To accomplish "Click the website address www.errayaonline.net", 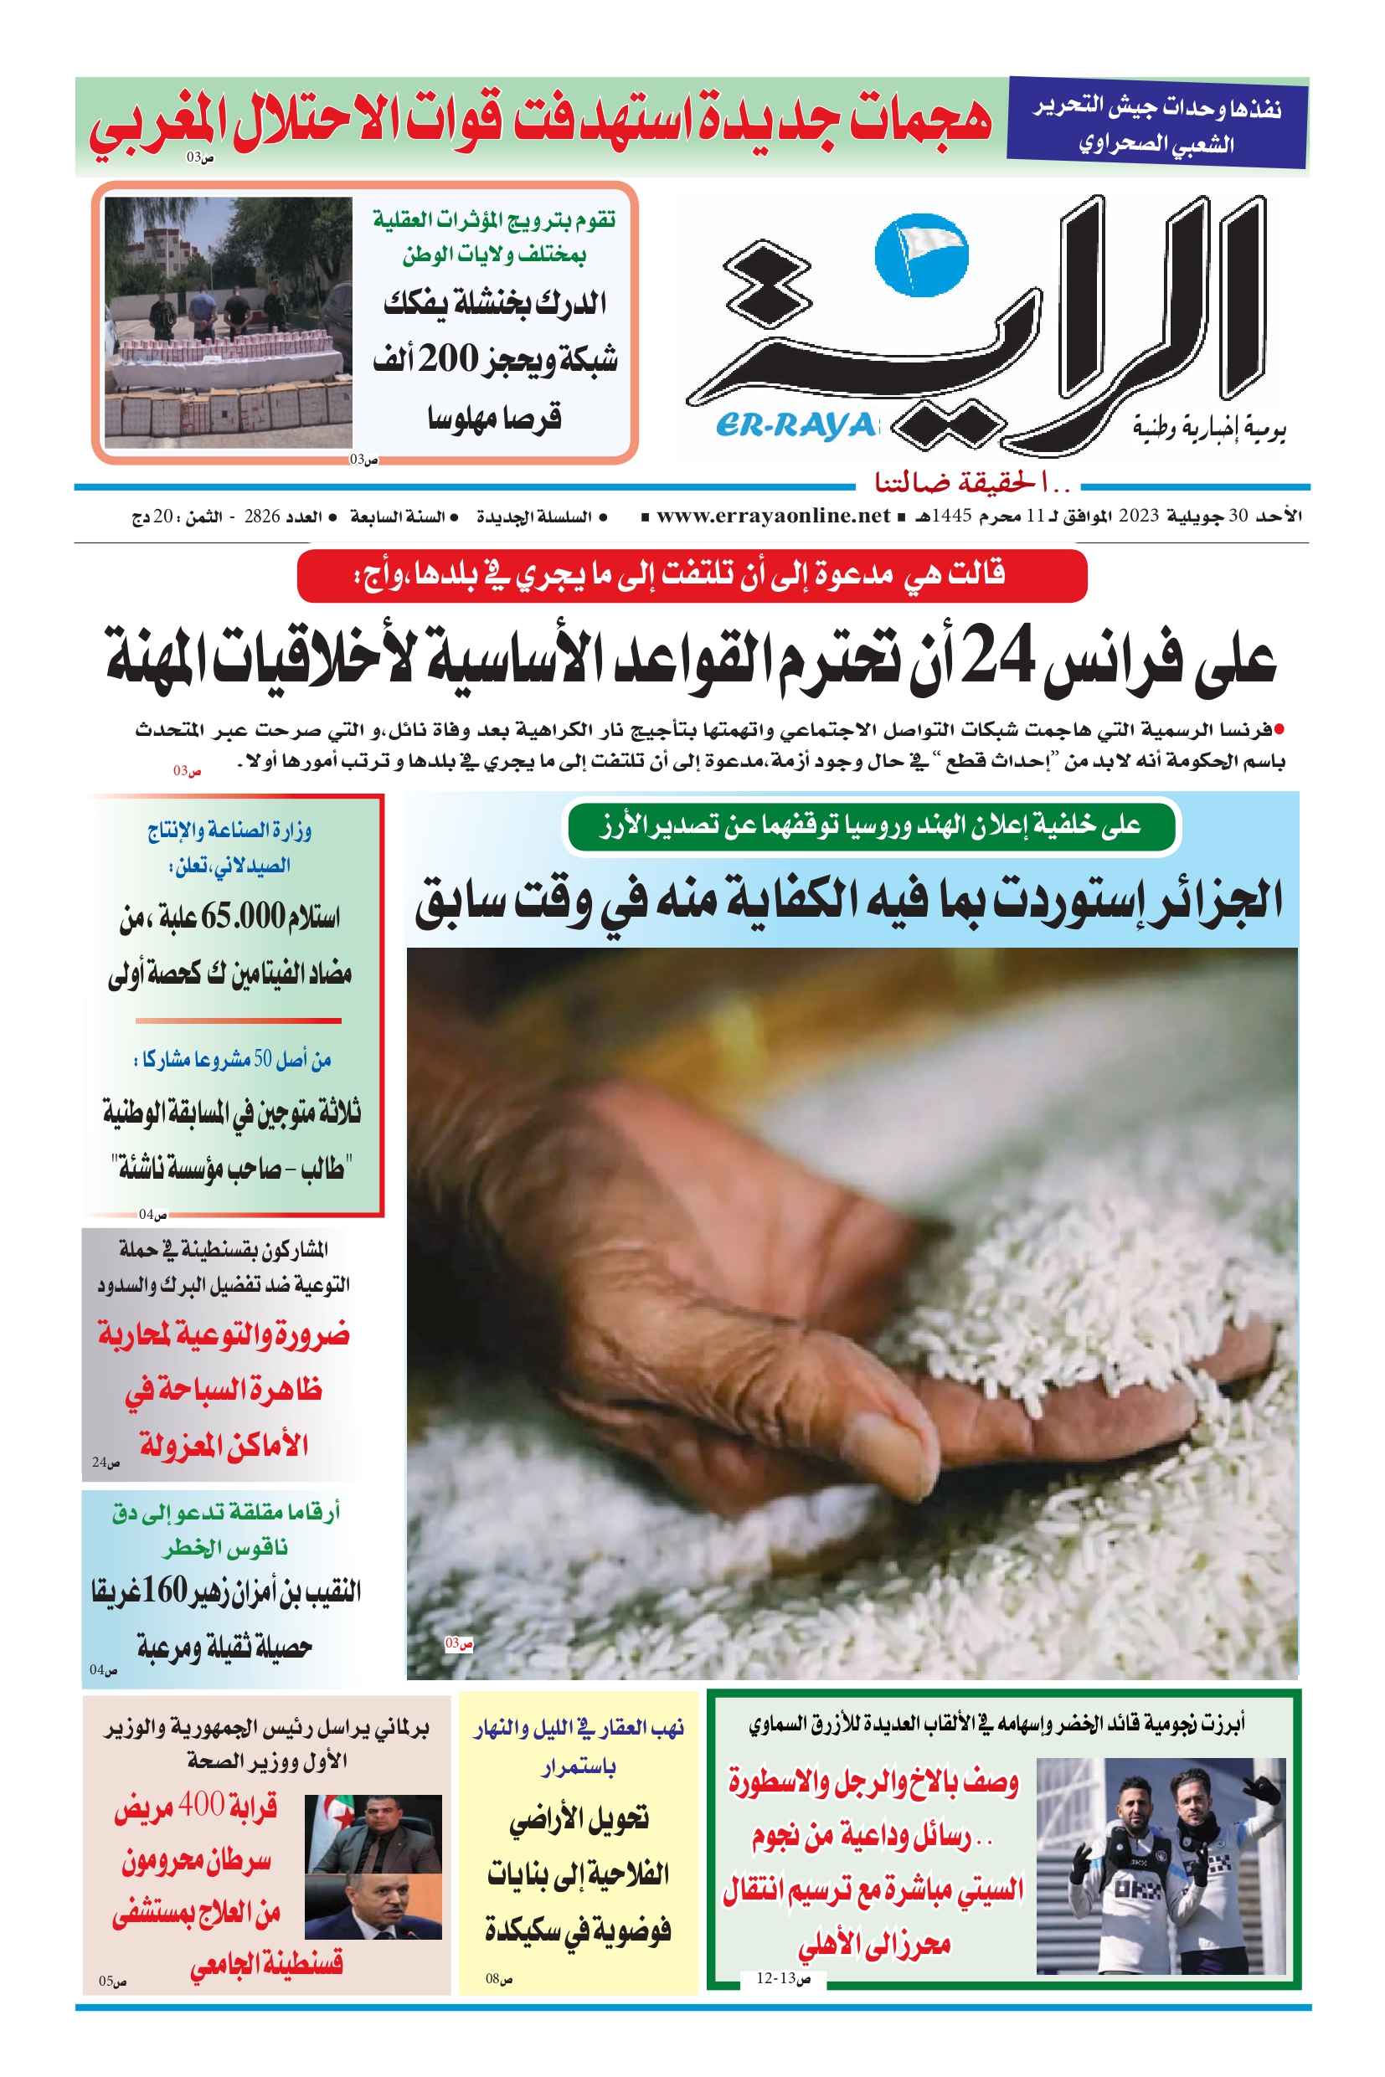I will [x=773, y=516].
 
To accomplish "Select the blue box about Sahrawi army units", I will [x=1157, y=123].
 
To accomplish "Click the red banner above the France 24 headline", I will [x=692, y=575].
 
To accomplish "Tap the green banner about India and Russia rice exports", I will [x=871, y=825].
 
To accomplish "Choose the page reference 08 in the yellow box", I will [x=499, y=1978].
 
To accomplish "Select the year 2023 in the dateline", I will [x=1138, y=516].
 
